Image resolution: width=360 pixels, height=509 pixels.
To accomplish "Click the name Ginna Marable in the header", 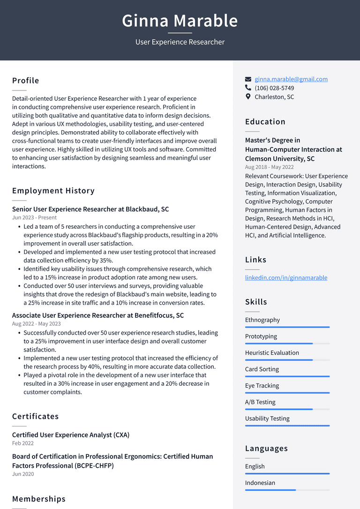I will point(180,21).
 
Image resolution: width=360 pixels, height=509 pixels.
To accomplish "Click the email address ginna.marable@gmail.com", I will point(291,79).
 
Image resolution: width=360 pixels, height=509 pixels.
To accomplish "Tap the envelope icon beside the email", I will point(248,79).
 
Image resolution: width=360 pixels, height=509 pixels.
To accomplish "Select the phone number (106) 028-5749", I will point(274,88).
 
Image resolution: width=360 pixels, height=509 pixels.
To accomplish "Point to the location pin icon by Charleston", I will point(248,97).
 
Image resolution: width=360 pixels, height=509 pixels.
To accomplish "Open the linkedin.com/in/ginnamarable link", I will point(286,277).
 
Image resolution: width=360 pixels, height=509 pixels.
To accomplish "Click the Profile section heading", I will point(26,81).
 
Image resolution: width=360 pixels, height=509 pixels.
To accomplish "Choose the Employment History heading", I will point(53,191).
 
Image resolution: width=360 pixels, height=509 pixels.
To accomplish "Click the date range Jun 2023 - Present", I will point(34,217).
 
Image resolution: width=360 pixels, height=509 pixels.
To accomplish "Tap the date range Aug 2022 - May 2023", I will point(36,323).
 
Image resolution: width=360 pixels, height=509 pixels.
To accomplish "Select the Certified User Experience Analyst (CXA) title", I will point(71,435).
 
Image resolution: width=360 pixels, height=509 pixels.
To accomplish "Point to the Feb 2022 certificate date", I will point(23,443).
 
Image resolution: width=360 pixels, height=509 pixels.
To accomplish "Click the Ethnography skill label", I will point(262,320).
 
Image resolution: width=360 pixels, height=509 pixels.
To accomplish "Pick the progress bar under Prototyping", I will point(287,344).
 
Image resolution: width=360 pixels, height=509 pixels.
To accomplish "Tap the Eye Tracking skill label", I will point(262,385).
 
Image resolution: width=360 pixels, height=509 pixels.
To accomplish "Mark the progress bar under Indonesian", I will point(287,490).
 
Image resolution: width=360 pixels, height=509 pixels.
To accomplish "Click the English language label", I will point(255,466).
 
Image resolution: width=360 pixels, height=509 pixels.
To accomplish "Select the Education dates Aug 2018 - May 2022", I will point(270,167).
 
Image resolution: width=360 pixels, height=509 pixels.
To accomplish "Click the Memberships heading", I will point(39,499).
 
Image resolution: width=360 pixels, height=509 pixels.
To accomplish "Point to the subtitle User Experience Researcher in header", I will point(180,42).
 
